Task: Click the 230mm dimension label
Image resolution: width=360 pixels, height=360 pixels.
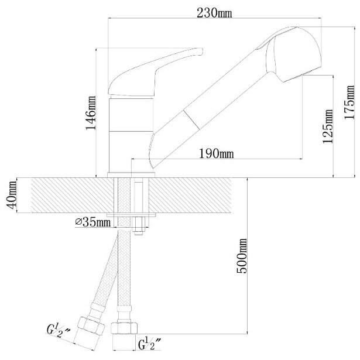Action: click(215, 13)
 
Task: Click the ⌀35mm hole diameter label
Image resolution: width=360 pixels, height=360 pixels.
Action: click(94, 222)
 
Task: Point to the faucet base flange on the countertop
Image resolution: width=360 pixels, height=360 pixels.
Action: click(132, 173)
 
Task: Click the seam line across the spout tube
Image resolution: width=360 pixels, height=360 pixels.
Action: click(190, 117)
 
